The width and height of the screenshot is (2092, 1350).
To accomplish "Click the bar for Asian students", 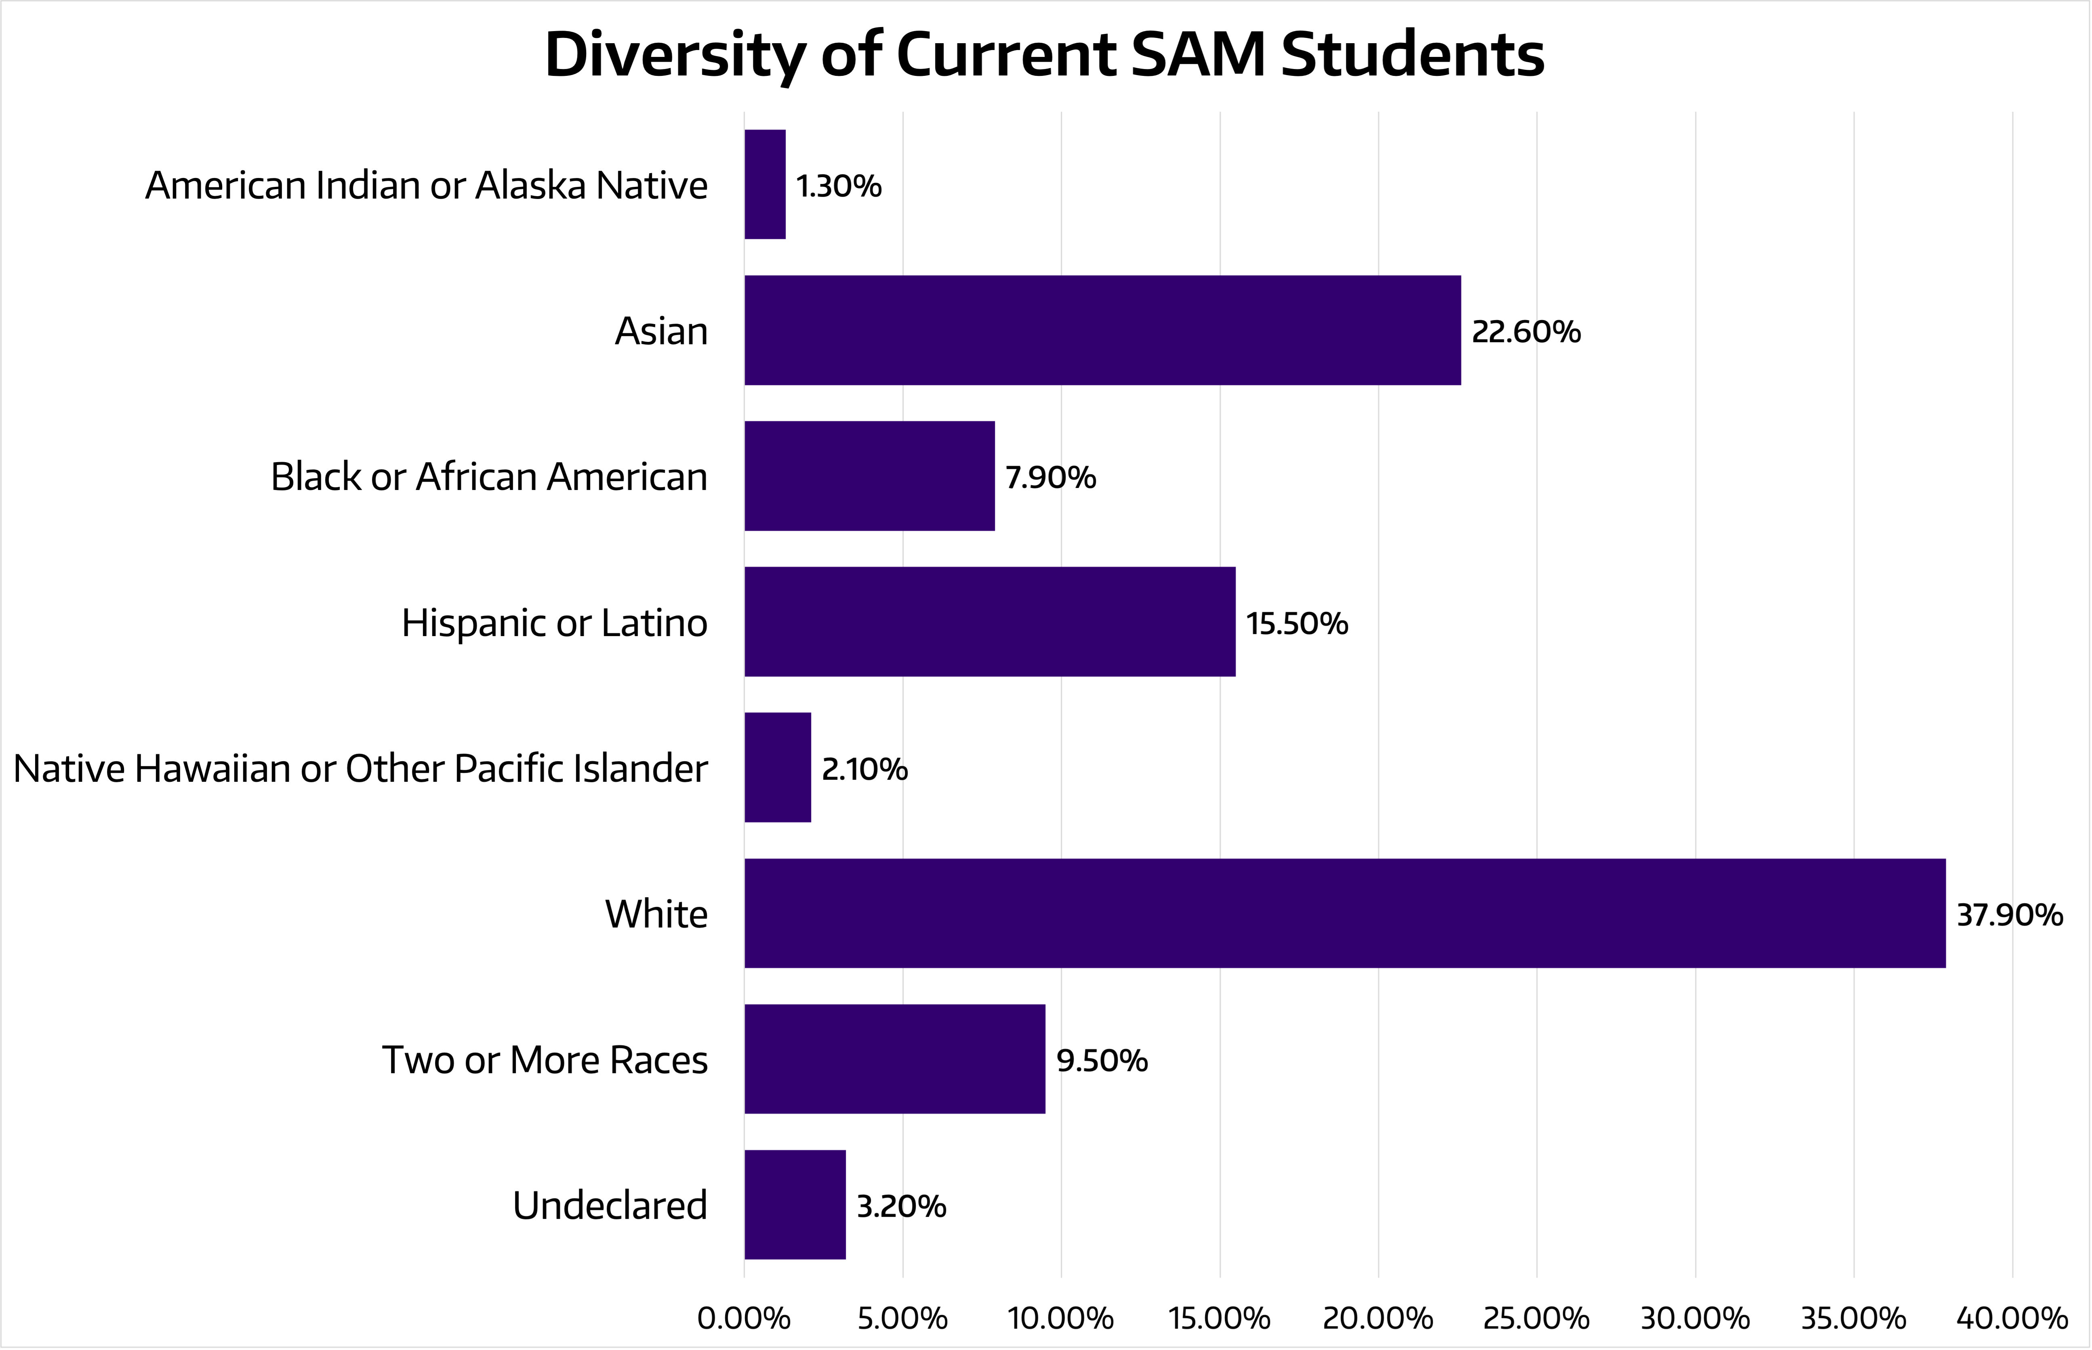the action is click(1103, 331).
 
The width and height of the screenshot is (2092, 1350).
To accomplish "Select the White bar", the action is click(1345, 913).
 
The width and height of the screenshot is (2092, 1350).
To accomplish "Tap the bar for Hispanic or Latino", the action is click(990, 622).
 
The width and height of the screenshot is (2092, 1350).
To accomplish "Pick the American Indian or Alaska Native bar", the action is click(765, 184).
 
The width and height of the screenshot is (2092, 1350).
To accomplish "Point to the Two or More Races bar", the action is click(895, 1059).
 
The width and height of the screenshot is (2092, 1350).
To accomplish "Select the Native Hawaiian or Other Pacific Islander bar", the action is click(778, 767).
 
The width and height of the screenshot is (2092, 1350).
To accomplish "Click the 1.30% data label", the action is click(839, 186).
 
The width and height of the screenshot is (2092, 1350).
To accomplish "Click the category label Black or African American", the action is click(489, 477).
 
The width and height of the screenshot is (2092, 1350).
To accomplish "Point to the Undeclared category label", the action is click(610, 1206).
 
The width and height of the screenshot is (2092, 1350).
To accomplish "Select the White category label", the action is click(656, 914).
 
